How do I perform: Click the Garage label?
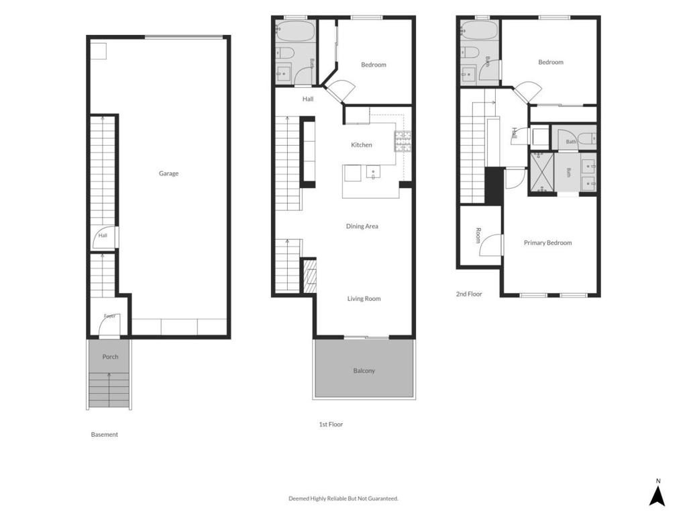168,173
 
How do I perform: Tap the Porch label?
110,357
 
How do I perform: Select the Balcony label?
364,371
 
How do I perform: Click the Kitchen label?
362,145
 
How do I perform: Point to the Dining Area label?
362,226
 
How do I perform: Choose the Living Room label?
364,299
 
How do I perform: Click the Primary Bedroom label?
547,243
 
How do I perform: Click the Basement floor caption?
104,435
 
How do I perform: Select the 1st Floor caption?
331,425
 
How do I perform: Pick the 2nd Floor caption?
469,294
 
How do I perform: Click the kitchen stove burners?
403,141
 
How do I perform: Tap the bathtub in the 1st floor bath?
295,31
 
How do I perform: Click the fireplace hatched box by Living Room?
310,276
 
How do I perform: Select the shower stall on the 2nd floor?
542,172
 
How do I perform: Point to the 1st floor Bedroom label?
373,65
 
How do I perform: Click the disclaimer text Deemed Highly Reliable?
343,499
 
